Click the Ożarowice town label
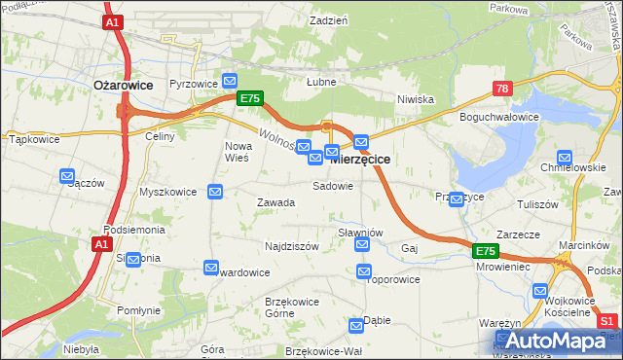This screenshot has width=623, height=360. (123, 85)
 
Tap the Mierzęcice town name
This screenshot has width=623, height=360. (361, 159)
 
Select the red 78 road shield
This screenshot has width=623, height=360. (501, 89)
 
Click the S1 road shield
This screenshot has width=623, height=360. (607, 320)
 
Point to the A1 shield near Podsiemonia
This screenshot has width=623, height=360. (103, 245)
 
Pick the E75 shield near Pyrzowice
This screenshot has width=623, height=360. (249, 98)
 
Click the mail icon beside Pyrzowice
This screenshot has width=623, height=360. (230, 81)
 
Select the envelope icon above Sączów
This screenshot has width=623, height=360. (67, 176)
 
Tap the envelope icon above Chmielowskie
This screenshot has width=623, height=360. (565, 158)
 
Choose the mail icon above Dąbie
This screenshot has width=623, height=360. (357, 325)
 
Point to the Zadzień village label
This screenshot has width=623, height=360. (328, 20)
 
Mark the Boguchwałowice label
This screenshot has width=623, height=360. (499, 117)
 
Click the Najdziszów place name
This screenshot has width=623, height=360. (292, 246)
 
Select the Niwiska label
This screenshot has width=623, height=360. (415, 99)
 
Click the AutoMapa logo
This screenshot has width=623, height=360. (554, 342)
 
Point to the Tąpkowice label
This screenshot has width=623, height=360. (35, 139)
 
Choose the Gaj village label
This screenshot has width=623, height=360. (409, 249)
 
